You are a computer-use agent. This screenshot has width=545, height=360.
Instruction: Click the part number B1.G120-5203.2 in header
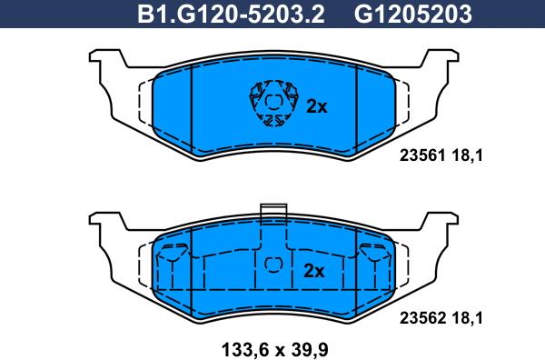tap(231, 15)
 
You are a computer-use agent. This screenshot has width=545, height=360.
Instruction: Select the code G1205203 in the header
tap(413, 15)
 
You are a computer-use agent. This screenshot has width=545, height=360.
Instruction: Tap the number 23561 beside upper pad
tap(422, 155)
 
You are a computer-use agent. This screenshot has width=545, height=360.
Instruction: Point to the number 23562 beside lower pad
tap(422, 318)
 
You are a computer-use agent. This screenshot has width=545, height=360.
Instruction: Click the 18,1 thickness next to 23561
tap(467, 155)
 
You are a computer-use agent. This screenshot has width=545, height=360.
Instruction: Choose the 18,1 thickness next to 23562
tap(467, 318)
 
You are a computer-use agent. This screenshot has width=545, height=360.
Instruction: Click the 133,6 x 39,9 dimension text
tap(274, 349)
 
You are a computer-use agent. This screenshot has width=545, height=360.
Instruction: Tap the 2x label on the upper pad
tap(317, 106)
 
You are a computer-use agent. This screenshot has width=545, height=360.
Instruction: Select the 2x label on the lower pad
tap(314, 271)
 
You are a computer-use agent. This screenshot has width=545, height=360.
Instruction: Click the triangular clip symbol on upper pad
tap(274, 104)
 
